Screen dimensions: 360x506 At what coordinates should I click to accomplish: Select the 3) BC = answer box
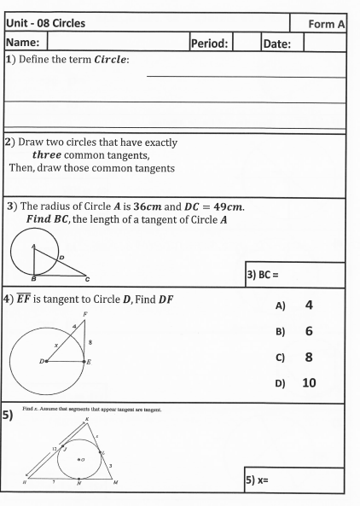point(295,276)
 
